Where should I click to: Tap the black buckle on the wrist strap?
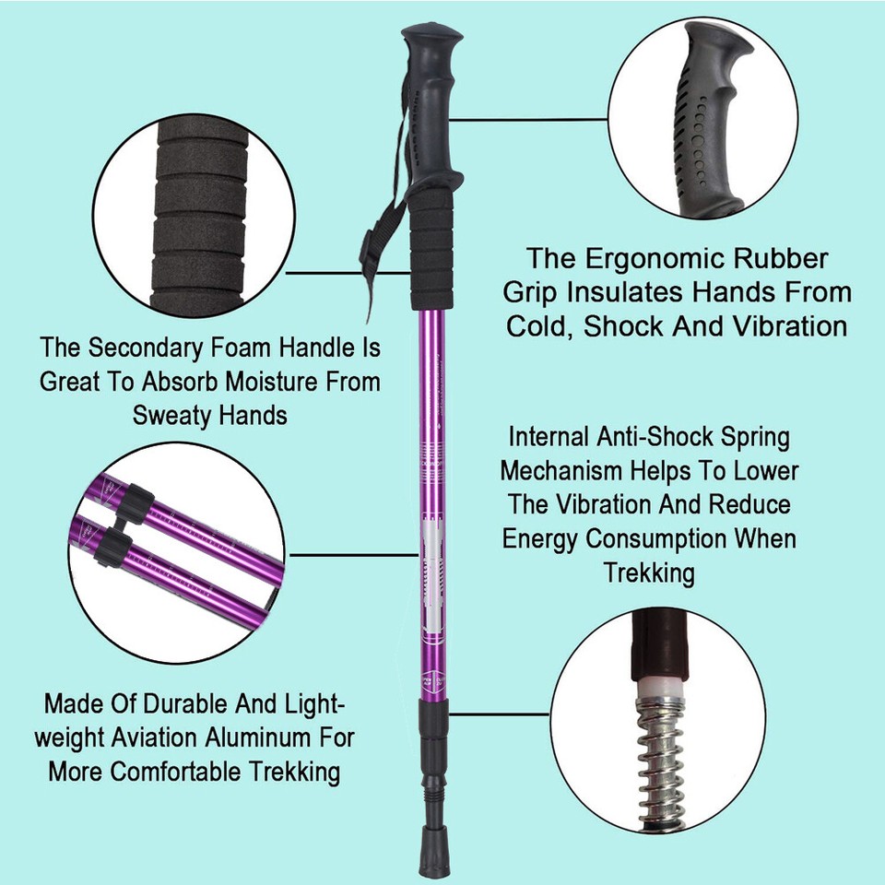pyautogui.click(x=372, y=246)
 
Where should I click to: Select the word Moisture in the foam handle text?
pyautogui.click(x=276, y=382)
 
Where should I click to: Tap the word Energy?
pyautogui.click(x=539, y=539)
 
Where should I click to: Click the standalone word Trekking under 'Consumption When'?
pyautogui.click(x=649, y=572)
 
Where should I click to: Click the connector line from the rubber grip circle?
pyautogui.click(x=529, y=120)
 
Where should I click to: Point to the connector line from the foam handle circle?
pyautogui.click(x=348, y=273)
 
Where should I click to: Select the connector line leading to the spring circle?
pyautogui.click(x=499, y=714)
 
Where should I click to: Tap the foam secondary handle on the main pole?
pyautogui.click(x=431, y=249)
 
